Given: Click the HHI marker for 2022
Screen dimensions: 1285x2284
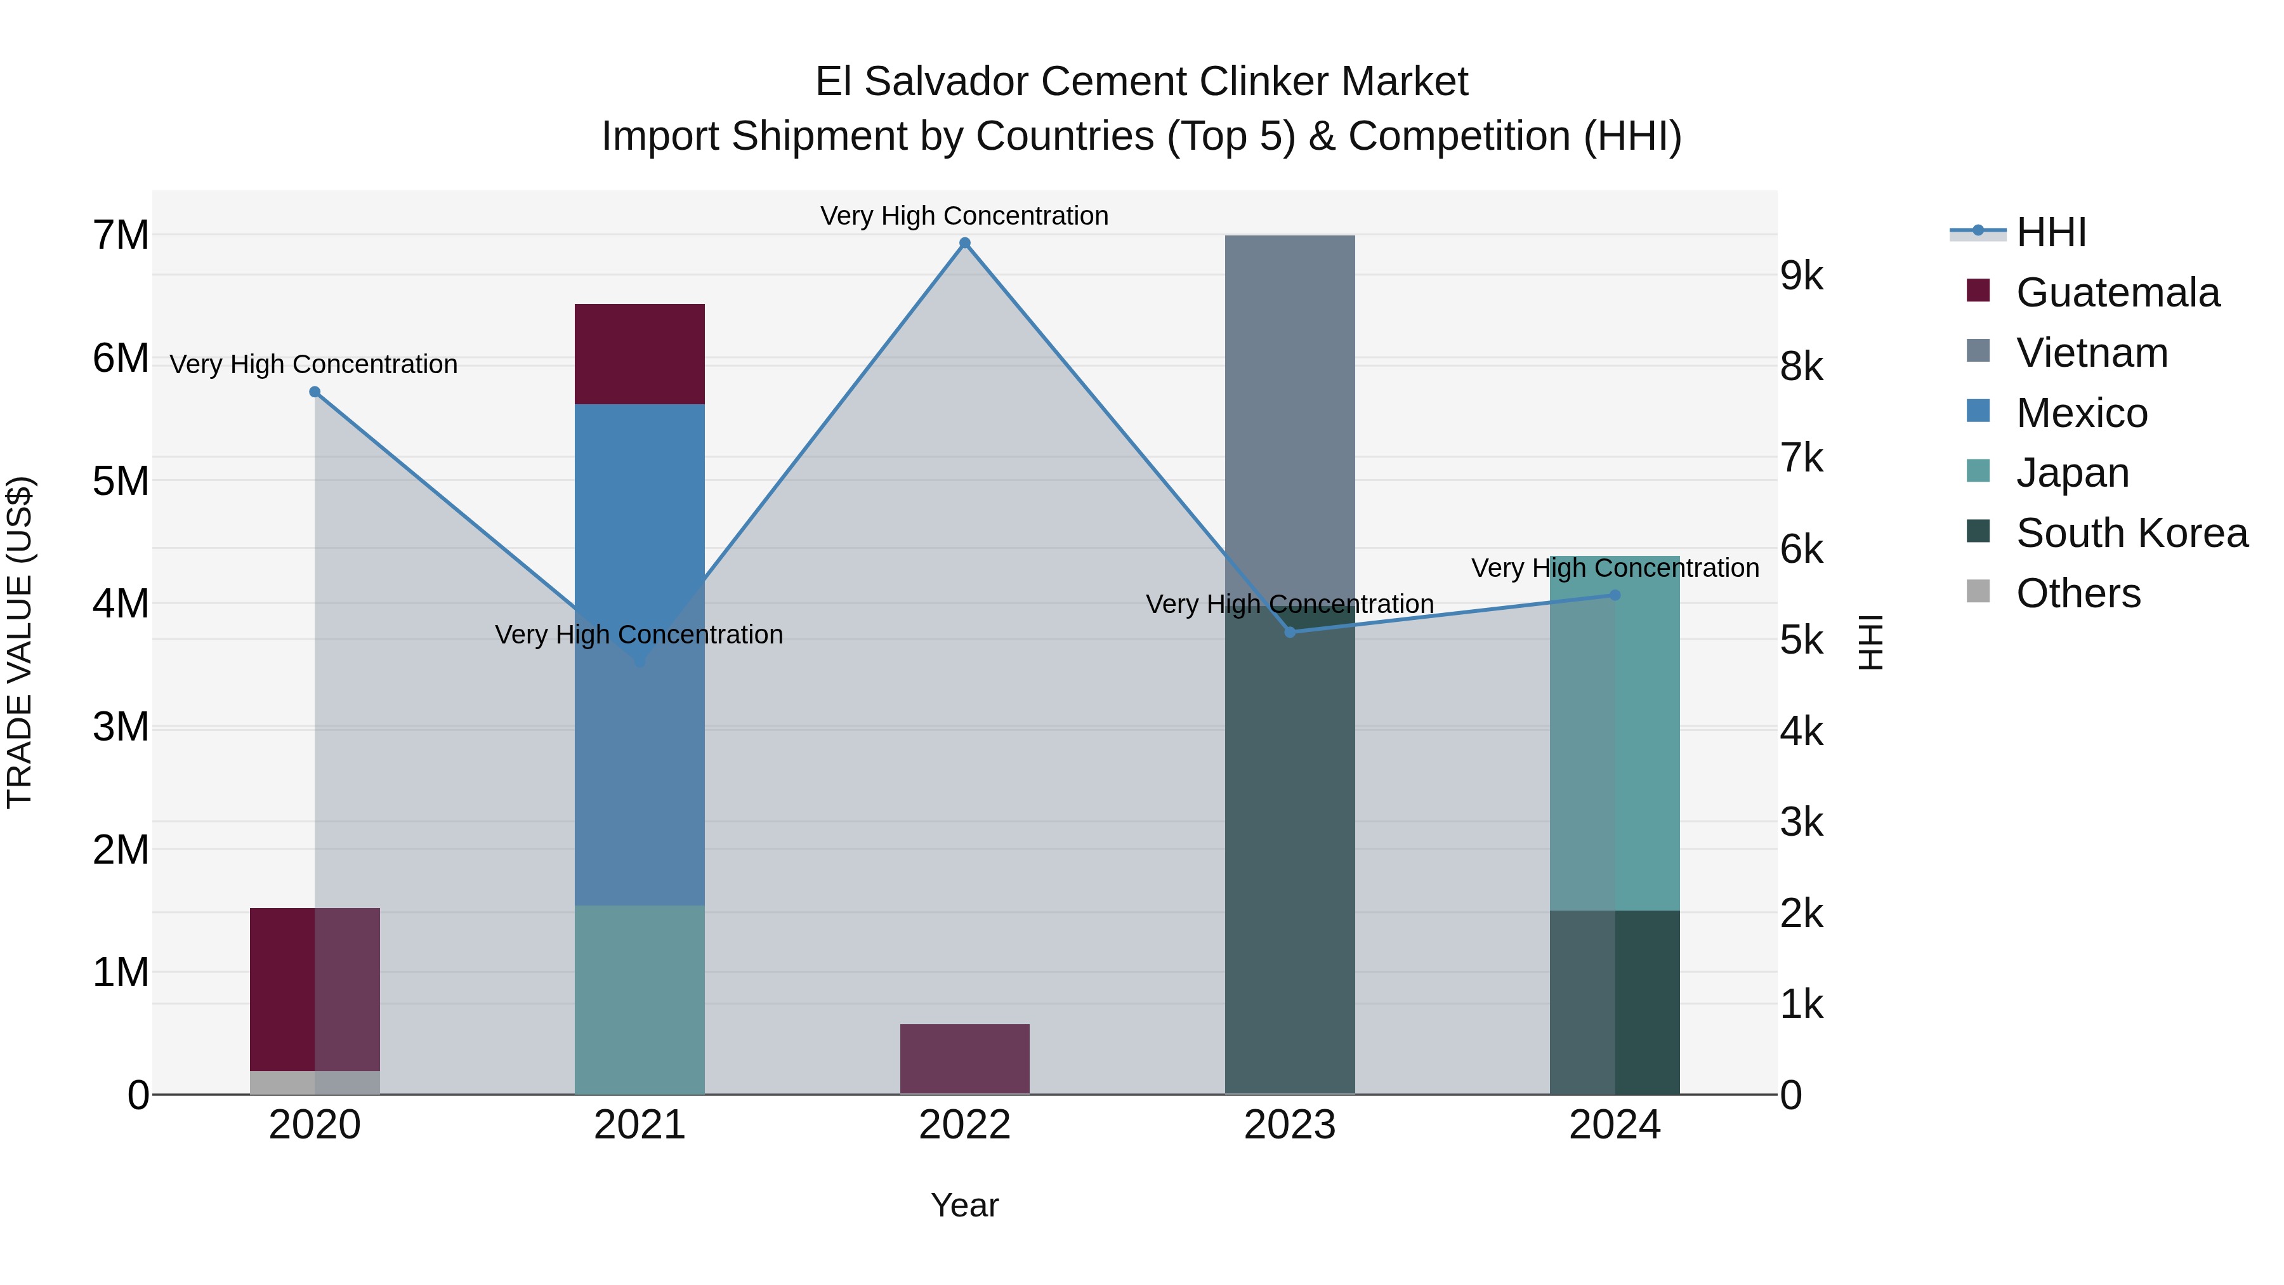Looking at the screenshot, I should coord(964,243).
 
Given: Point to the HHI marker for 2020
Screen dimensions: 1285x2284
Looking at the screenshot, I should coord(315,392).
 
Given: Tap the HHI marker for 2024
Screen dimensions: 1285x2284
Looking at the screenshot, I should coord(1615,595).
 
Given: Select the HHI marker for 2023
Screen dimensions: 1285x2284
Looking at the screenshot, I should coord(1290,632).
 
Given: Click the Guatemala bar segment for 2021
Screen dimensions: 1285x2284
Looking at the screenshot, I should coord(640,354).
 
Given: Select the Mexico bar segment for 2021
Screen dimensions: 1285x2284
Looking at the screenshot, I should coord(640,532).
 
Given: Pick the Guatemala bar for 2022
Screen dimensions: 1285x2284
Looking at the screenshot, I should coord(964,1059).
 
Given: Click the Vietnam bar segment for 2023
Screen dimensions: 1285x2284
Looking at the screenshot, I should coord(1290,417).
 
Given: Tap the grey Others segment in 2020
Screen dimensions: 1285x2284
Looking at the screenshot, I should coord(315,1083).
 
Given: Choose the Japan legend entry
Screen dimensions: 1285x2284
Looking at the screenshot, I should coord(2072,473).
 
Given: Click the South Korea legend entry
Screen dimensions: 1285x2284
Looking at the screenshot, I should coord(2132,533).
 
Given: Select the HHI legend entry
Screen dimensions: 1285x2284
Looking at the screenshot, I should coord(2051,232).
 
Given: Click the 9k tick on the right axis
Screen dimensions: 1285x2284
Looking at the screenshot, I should coord(1801,276).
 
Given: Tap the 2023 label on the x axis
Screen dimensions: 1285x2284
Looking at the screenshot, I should coord(1290,1125).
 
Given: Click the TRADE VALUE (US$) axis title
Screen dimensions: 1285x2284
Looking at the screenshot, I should coord(20,642).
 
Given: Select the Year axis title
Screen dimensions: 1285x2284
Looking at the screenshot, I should coord(964,1205).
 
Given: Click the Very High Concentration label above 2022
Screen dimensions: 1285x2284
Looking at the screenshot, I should coord(964,216).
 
